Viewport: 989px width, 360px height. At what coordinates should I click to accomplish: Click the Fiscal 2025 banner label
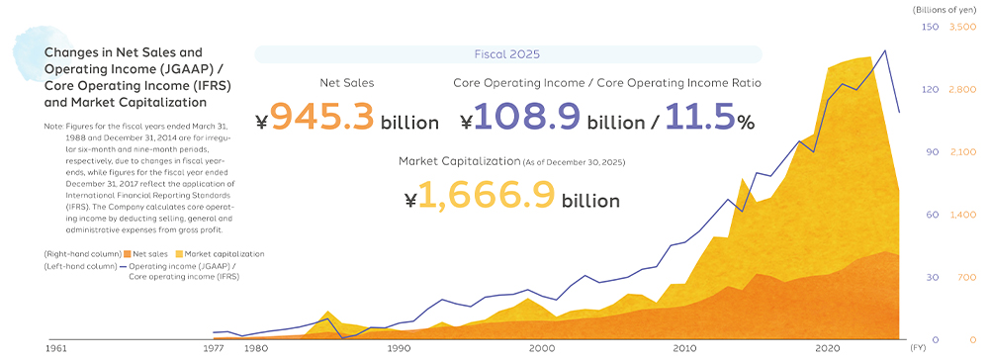(507, 54)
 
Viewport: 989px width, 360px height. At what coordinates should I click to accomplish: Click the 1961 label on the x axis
(56, 347)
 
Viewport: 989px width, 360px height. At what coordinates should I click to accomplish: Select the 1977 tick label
(215, 347)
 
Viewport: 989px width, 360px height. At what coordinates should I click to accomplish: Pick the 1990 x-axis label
(398, 347)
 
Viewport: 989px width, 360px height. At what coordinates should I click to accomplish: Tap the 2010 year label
(682, 347)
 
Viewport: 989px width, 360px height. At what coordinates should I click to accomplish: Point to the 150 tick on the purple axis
(931, 27)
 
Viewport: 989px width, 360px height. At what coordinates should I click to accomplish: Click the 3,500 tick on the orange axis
(962, 27)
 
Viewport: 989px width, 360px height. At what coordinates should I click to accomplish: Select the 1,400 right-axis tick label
(962, 215)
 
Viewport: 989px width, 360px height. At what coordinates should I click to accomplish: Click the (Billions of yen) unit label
(948, 10)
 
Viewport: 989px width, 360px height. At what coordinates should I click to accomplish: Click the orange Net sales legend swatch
(128, 254)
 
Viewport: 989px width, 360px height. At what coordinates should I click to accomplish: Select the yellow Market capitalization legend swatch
(179, 254)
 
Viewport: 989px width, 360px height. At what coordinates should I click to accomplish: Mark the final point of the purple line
(899, 112)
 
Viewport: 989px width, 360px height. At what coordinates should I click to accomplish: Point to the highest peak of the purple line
(885, 50)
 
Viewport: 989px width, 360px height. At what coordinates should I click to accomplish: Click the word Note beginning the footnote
(53, 126)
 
